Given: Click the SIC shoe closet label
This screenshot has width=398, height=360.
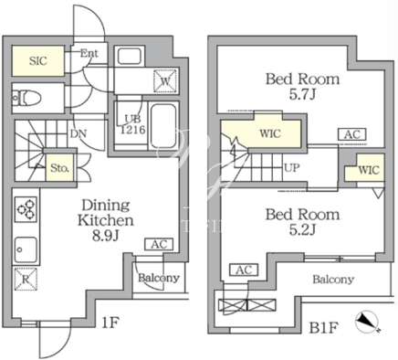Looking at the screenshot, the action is [38, 61].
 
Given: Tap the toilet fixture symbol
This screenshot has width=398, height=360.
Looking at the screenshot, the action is [26, 98].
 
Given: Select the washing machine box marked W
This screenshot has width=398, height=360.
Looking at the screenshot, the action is [165, 80].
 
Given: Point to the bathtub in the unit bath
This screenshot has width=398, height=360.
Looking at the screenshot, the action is [163, 126].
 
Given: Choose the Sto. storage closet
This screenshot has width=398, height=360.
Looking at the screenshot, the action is [60, 168].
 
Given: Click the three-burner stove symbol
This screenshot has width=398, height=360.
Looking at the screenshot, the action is [26, 209].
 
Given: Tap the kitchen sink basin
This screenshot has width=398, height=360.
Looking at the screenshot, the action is [26, 249].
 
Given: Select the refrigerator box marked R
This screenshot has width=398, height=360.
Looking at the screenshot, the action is [26, 279].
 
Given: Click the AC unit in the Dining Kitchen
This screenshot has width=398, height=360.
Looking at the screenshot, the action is [159, 244].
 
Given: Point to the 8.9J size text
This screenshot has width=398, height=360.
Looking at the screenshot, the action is [105, 236].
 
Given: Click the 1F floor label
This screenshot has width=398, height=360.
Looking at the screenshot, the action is [110, 323].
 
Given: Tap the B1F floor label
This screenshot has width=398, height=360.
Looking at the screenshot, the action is [323, 328].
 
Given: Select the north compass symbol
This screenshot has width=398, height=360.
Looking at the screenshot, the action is [367, 323].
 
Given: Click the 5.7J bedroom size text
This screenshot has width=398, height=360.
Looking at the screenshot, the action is [302, 94].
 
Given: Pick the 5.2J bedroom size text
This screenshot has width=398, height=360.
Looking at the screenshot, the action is [302, 230].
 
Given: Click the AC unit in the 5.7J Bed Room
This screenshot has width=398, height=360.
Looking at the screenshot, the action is [352, 134].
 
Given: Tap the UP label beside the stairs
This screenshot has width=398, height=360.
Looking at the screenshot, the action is [292, 167].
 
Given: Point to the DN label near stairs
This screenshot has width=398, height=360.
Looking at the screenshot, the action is [79, 133].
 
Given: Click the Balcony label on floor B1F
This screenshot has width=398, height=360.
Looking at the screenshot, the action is [333, 280].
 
